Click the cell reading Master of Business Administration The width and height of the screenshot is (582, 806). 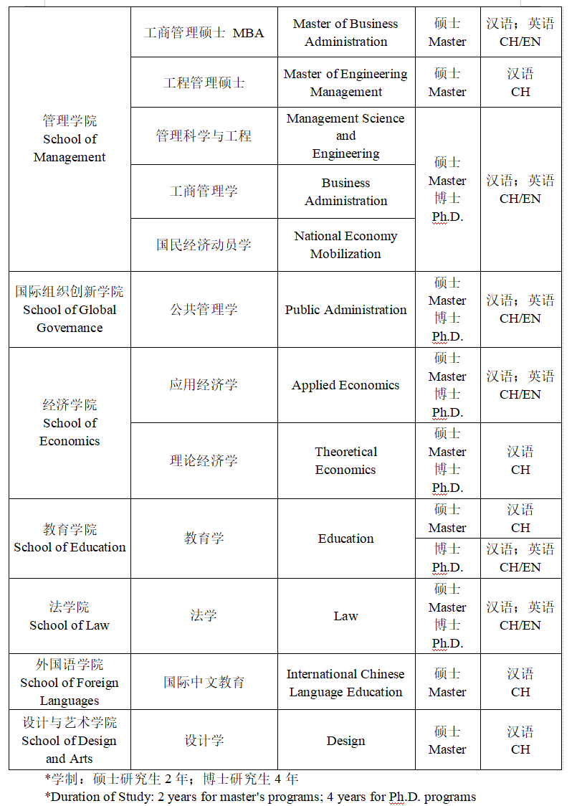point(345,33)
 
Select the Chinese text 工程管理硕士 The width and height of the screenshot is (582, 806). point(204,82)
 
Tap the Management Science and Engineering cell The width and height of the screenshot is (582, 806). point(345,136)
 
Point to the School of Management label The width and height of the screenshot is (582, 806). point(70,139)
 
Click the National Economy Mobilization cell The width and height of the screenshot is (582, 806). point(345,245)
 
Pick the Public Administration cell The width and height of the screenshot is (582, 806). point(345,310)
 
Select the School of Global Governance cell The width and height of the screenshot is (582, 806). point(70,310)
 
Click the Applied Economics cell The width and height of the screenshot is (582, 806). point(345,385)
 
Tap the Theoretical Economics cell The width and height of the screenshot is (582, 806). point(345,460)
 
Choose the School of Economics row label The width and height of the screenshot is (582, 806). point(70,423)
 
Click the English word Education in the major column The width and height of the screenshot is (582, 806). point(345,539)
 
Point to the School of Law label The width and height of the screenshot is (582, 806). point(70,616)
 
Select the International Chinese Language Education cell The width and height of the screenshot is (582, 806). point(345,683)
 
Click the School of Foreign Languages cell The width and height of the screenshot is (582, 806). point(70,683)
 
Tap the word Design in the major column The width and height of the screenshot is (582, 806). point(345,741)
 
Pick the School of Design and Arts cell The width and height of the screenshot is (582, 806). point(70,741)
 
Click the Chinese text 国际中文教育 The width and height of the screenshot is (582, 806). point(204,682)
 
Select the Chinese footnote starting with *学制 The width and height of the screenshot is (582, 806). point(171,779)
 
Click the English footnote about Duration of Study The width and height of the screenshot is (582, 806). point(259,796)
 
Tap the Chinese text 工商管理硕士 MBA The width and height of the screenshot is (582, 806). point(204,33)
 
